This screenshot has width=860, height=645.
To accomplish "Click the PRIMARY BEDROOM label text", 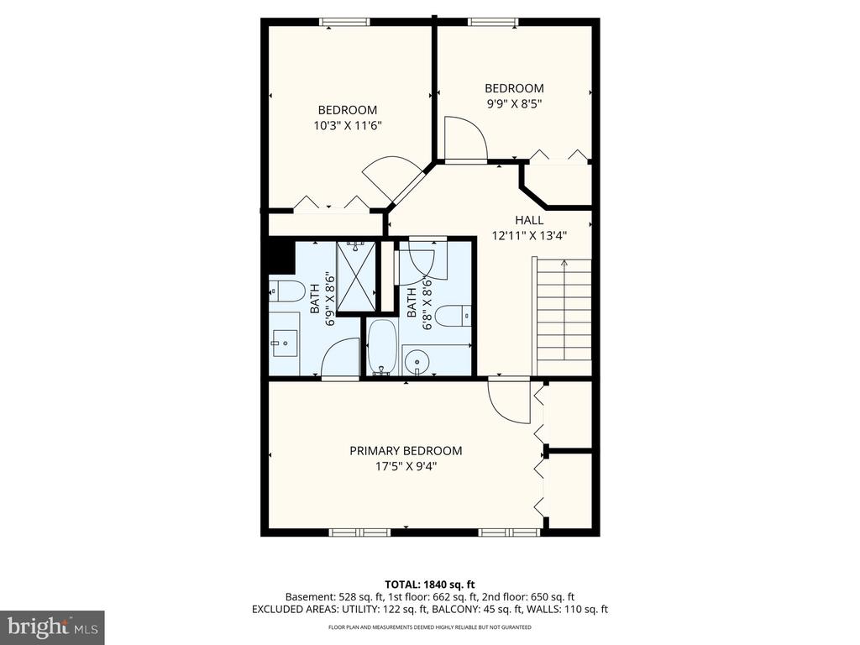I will [406, 451].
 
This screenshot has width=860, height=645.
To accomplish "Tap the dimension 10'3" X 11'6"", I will [347, 126].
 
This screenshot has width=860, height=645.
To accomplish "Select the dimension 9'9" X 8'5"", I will [514, 104].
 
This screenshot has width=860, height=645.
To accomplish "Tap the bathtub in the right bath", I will [382, 347].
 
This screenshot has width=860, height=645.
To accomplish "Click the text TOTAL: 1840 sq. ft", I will [430, 585].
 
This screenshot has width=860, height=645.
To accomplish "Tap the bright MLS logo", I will [52, 627].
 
